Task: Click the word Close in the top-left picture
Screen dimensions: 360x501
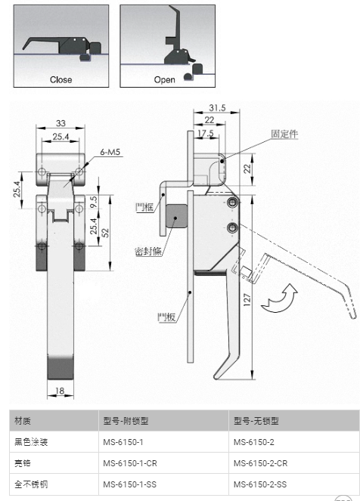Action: coord(61,79)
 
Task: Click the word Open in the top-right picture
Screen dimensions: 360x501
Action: coord(164,79)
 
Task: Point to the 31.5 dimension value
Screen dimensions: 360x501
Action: coord(217,107)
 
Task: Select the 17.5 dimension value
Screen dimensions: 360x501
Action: coord(205,133)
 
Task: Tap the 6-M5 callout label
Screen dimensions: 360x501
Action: coord(110,152)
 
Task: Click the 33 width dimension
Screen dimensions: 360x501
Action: coord(61,123)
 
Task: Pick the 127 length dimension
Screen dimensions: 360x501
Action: coord(247,300)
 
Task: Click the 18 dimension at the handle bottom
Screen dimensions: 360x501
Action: coord(60,391)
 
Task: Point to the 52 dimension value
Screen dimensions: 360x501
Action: coord(106,232)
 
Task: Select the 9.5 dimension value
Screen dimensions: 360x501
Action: coord(94,202)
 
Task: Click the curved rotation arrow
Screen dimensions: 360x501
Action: coord(279,298)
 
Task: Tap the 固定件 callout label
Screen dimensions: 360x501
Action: coord(284,134)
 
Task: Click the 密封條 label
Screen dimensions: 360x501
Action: coord(148,251)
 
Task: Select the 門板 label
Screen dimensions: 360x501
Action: coord(166,317)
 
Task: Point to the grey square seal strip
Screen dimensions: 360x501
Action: coord(176,217)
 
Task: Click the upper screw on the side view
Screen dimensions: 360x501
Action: coord(232,203)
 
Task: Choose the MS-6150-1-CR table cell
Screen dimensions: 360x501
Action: coord(130,463)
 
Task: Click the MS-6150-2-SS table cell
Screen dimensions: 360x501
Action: coord(260,484)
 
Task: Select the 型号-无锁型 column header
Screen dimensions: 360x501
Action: coord(256,421)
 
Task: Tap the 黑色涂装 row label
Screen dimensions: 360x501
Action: coord(31,442)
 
